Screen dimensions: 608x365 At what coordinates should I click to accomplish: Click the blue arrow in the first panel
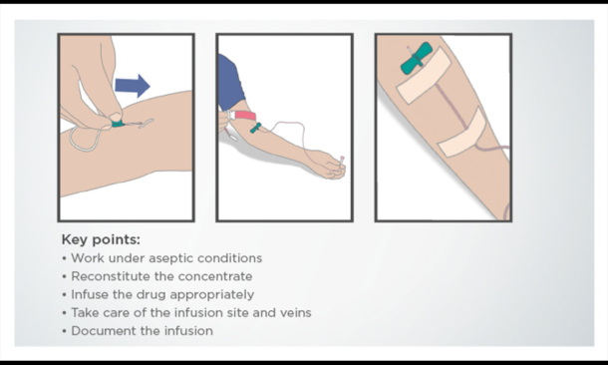(x=133, y=86)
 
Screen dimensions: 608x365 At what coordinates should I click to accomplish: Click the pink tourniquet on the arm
(x=245, y=116)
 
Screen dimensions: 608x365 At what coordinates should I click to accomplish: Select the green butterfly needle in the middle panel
(x=255, y=128)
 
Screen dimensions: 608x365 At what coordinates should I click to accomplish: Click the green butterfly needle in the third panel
(x=416, y=59)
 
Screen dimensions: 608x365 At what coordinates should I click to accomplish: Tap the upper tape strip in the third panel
(x=424, y=76)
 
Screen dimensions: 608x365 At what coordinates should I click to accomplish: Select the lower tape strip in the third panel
(x=462, y=133)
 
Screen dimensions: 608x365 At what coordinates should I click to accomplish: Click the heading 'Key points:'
(x=101, y=239)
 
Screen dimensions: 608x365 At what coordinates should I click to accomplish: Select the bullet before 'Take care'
(x=65, y=313)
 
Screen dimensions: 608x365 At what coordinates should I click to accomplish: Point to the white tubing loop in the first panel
(x=85, y=140)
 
